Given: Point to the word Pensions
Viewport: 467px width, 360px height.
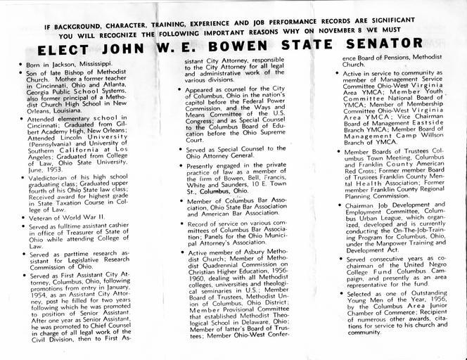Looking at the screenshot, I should [x=404, y=58].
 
